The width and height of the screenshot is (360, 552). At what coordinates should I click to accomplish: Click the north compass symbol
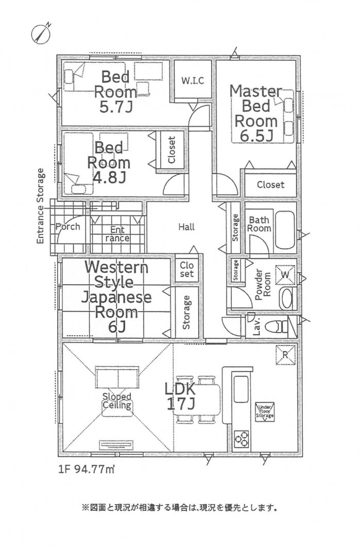pos(42,33)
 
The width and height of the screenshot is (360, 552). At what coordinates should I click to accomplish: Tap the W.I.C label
pos(193,81)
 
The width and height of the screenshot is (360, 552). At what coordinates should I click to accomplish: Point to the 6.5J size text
pos(256,136)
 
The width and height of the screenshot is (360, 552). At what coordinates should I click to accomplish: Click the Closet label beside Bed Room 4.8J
pos(172,150)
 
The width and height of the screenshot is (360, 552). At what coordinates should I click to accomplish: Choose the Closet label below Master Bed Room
pos(270,184)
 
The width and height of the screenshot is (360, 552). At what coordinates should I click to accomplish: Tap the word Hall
pos(186,227)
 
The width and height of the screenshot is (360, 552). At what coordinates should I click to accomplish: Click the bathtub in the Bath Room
pos(285,230)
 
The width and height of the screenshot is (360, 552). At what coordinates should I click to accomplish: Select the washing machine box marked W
pos(285,274)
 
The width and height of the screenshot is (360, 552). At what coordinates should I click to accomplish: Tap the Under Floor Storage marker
pos(265,412)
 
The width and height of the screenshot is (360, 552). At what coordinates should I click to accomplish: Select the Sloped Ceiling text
pos(117,401)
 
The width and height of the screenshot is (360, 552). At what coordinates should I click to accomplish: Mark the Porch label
pos(68,227)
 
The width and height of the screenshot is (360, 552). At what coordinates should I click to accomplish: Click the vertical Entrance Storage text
pos(41,206)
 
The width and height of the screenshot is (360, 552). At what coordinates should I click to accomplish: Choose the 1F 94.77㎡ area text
pos(87,470)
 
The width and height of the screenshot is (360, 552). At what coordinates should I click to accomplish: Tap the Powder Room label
pos(263,285)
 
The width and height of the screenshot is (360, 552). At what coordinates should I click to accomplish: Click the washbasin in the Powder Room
pos(286,299)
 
